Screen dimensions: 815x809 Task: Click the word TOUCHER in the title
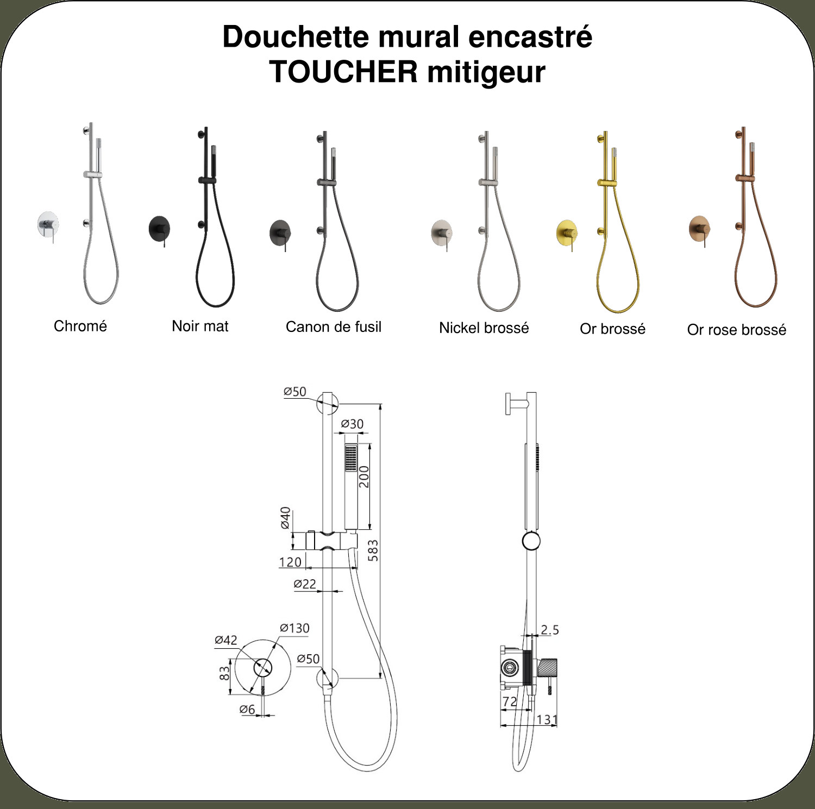(343, 72)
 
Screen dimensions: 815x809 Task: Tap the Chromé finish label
(80, 326)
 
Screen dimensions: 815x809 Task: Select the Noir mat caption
(200, 326)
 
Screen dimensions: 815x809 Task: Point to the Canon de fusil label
(334, 327)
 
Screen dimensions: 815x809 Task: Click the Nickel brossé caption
(484, 328)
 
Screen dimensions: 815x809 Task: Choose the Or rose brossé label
(737, 329)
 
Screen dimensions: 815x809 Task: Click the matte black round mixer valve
(160, 229)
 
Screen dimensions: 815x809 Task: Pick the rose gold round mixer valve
(700, 229)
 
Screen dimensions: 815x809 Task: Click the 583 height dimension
(373, 550)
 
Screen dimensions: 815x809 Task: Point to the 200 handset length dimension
(363, 476)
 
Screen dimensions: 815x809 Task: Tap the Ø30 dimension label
(352, 424)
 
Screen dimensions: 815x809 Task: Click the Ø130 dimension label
(294, 628)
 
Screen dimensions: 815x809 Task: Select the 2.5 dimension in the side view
(550, 630)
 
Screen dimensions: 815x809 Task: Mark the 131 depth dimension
(547, 720)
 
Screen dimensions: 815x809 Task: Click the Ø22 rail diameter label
(305, 584)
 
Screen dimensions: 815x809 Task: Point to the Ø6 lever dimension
(247, 709)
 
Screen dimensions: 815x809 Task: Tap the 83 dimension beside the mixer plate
(224, 674)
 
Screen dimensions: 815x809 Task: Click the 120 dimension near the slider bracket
(290, 562)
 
